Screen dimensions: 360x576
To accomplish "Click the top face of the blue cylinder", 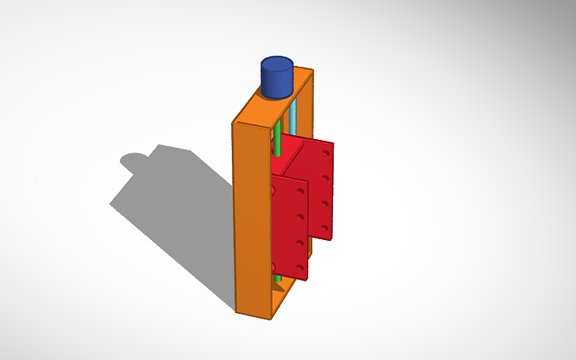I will tap(276, 64).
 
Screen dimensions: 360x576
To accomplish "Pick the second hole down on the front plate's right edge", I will tap(300, 215).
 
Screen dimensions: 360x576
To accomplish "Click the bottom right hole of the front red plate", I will tap(300, 266).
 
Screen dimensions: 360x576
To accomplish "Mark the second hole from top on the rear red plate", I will tap(326, 178).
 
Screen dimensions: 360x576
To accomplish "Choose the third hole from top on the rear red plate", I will tap(326, 203).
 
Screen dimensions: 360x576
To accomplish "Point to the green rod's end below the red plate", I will tap(277, 281).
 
